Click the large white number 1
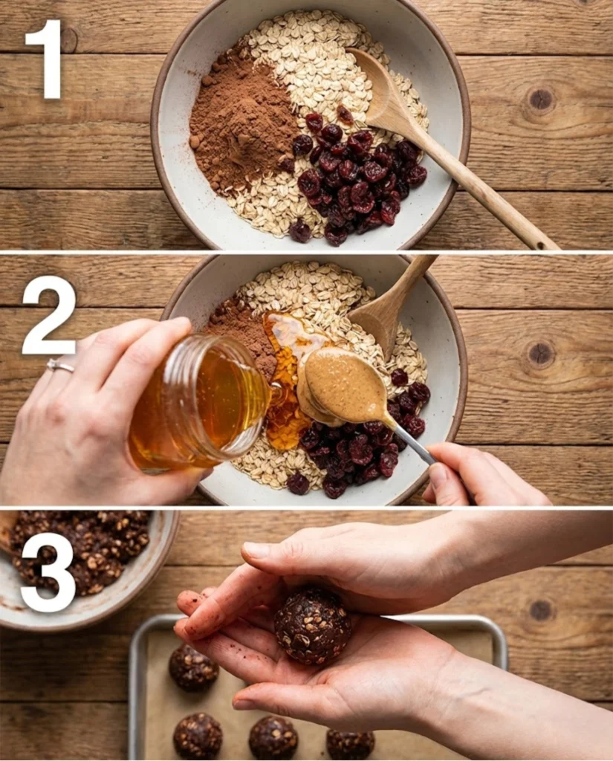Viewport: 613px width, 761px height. (x=51, y=59)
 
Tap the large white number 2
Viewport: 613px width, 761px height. (x=51, y=316)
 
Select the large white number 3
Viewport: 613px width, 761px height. (x=49, y=573)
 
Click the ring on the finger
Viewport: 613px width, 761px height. (x=61, y=365)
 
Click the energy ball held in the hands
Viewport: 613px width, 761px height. (x=312, y=626)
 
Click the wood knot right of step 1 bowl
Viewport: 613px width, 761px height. (x=540, y=99)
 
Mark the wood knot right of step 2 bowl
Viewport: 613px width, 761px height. (x=540, y=353)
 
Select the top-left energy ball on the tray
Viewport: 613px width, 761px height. (x=193, y=667)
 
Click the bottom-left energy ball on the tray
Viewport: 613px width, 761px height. (x=198, y=736)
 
